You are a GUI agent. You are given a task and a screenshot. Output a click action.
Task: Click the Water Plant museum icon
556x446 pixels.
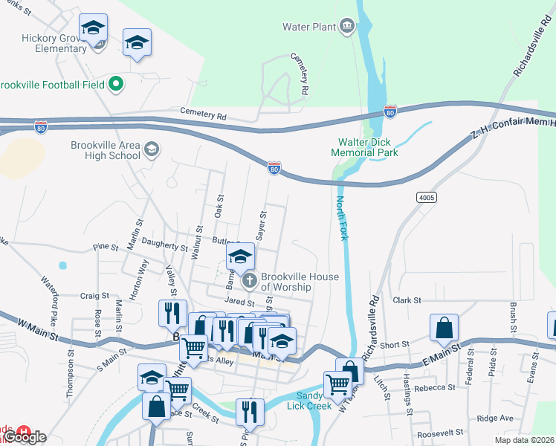click(347, 28)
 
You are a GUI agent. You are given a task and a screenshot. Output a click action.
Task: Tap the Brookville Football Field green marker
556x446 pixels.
click(115, 85)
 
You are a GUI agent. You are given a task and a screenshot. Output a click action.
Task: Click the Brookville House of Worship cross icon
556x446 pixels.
click(250, 281)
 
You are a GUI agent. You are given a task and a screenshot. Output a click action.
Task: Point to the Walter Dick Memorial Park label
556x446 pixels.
click(368, 147)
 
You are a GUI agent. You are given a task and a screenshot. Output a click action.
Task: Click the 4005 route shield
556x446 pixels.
click(427, 197)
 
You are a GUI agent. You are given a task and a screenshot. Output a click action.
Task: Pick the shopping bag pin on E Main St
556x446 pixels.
click(444, 328)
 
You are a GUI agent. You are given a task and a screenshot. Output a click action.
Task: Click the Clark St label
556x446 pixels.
click(407, 300)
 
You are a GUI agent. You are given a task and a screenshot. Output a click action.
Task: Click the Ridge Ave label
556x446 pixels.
click(495, 418)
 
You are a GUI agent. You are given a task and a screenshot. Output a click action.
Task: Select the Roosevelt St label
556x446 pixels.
click(440, 431)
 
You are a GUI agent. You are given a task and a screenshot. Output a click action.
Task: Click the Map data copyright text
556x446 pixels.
click(523, 440)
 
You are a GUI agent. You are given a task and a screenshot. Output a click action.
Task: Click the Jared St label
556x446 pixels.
click(240, 303)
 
